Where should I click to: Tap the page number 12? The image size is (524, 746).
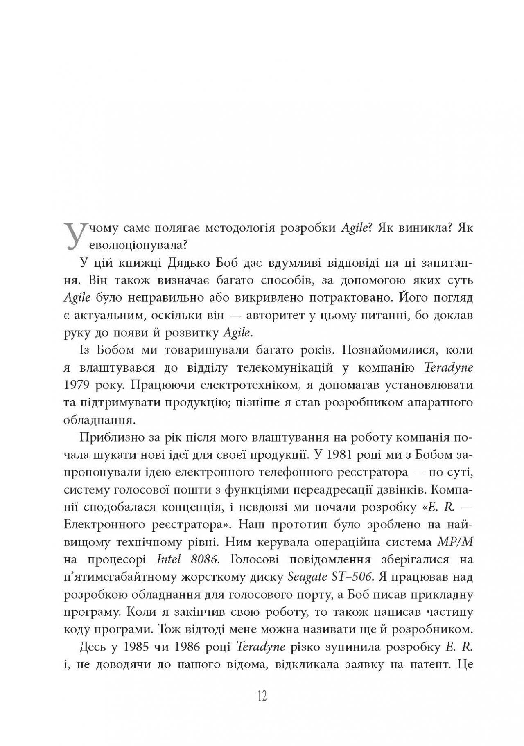[262, 695]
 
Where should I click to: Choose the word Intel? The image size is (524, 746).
[169, 559]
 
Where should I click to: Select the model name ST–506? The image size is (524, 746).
[350, 577]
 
